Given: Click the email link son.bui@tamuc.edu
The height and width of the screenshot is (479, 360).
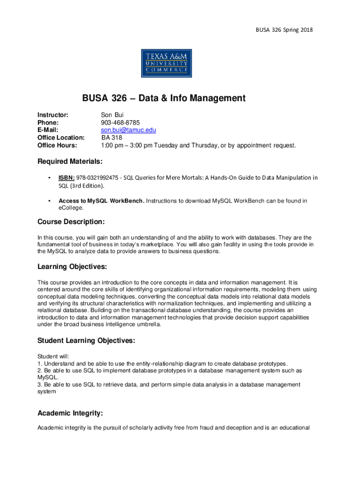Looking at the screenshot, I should (128, 130).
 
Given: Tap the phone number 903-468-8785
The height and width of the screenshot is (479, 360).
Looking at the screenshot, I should (120, 123).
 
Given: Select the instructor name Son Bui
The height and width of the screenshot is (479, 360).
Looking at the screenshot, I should (113, 115).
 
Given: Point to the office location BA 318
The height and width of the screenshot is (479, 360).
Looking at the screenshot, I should (112, 138).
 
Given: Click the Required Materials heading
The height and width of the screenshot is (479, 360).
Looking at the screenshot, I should (70, 161).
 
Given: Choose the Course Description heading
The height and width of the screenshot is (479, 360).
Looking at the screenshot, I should (71, 221).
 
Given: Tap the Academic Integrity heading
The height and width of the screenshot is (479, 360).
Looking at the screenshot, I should (70, 414).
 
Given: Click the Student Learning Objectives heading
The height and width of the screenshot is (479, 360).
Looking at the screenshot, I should (86, 341).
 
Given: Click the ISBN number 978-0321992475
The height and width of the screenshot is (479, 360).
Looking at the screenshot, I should (98, 178).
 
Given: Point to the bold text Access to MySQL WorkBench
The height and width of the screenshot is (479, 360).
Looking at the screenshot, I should (101, 201).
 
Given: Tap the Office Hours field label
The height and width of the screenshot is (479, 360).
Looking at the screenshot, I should (56, 145).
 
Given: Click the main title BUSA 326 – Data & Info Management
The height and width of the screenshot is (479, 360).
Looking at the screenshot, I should (164, 98).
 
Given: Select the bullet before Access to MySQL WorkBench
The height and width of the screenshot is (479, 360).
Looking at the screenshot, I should (49, 201).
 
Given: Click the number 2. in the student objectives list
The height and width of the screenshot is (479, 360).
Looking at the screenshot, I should (40, 370).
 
